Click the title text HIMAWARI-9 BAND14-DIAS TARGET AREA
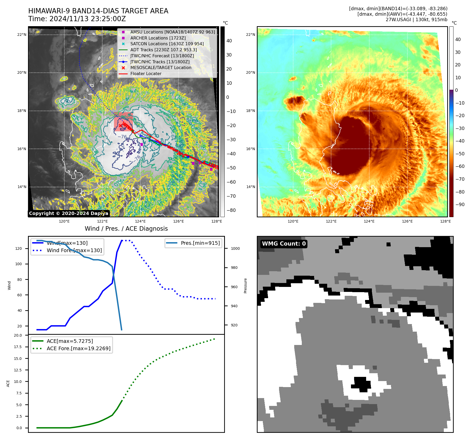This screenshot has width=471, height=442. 98,11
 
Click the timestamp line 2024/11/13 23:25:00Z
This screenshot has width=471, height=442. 87,19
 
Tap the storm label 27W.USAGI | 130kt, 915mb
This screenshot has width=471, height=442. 416,20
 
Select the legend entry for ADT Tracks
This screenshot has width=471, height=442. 163,50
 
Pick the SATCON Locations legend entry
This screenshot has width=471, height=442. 167,44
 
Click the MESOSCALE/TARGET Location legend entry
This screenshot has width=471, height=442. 161,67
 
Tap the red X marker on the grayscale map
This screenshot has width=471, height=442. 120,126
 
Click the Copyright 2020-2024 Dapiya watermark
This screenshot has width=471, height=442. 69,213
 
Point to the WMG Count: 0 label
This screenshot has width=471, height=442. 284,244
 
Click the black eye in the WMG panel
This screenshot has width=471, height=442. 362,384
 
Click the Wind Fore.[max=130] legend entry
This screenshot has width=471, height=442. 74,250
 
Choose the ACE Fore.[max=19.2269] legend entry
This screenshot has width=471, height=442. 78,348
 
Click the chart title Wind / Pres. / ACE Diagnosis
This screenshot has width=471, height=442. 126,229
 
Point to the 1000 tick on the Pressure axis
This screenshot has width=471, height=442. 235,248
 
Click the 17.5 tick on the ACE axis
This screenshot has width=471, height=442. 18,347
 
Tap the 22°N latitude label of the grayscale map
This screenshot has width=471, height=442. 22,35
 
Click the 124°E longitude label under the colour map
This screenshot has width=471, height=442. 369,221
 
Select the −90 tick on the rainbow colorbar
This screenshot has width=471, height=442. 460,205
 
